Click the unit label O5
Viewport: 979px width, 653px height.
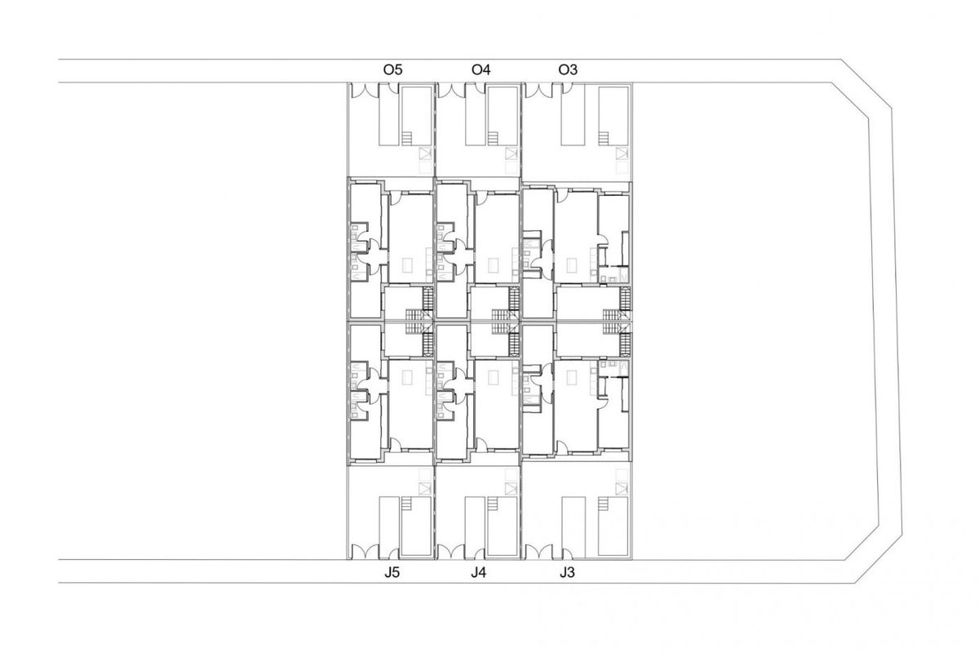click(x=392, y=70)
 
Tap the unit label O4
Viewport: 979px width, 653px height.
click(x=481, y=70)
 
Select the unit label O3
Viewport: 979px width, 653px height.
click(x=568, y=70)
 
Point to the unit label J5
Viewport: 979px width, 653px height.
click(x=392, y=573)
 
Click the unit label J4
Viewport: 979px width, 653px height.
click(x=479, y=573)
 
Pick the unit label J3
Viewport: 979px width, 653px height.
click(x=568, y=573)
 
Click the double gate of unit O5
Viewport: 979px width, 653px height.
click(x=365, y=91)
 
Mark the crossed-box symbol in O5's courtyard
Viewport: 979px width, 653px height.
click(x=423, y=153)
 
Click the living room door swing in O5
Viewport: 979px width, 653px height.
click(x=394, y=197)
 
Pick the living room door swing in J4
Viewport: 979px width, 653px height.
click(x=481, y=444)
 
